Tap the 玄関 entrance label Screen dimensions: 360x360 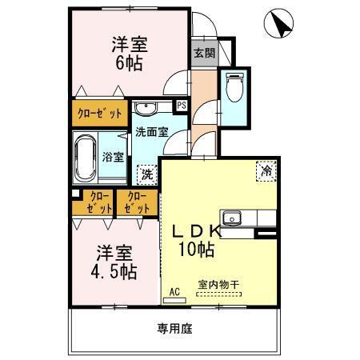pyautogui.click(x=203, y=54)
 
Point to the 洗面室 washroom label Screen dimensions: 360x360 pyautogui.click(x=150, y=132)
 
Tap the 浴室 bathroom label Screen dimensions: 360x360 pyautogui.click(x=113, y=157)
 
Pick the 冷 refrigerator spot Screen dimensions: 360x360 pyautogui.click(x=266, y=170)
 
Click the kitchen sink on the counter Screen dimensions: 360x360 pyautogui.click(x=233, y=216)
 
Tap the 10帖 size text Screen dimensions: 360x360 pyautogui.click(x=194, y=250)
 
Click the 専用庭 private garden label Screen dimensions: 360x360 pyautogui.click(x=174, y=328)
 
